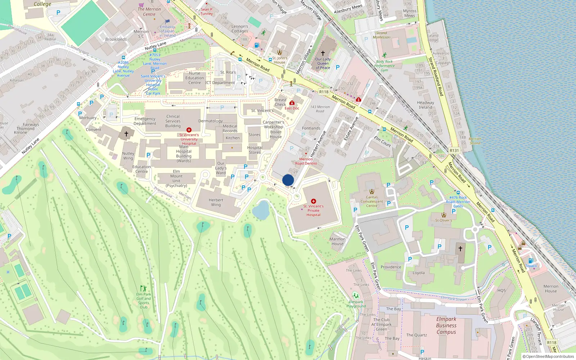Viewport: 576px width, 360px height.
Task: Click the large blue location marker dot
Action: pyautogui.click(x=288, y=180)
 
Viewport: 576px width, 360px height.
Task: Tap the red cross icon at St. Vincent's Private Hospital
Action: pyautogui.click(x=314, y=201)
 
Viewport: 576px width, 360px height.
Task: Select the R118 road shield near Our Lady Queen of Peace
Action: pyautogui.click(x=324, y=92)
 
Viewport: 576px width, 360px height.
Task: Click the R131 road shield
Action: pyautogui.click(x=454, y=150)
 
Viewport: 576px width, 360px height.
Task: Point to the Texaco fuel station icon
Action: pyautogui.click(x=531, y=261)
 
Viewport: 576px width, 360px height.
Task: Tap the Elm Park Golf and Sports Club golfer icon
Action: pyautogui.click(x=143, y=288)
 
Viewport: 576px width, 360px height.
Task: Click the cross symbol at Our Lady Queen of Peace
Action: pyautogui.click(x=323, y=53)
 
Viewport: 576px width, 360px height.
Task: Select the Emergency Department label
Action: pyautogui.click(x=145, y=121)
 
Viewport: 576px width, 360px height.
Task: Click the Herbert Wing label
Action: pyautogui.click(x=216, y=202)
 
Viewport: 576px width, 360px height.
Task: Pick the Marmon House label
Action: pyautogui.click(x=337, y=241)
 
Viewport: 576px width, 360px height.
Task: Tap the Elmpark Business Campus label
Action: pyautogui.click(x=446, y=325)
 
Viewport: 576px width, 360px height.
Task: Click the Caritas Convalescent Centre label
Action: pyautogui.click(x=372, y=201)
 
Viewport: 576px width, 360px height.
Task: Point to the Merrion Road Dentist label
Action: pyautogui.click(x=306, y=161)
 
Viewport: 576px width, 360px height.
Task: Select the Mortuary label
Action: pyautogui.click(x=88, y=118)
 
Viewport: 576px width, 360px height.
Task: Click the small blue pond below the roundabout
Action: pyautogui.click(x=261, y=210)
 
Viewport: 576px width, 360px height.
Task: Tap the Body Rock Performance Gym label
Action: pyautogui.click(x=384, y=66)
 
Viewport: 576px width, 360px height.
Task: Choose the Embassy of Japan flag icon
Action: pyautogui.click(x=167, y=22)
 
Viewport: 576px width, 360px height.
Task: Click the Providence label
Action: pyautogui.click(x=391, y=267)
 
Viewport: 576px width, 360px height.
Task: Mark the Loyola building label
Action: pyautogui.click(x=418, y=273)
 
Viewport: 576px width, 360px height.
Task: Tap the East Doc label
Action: pyautogui.click(x=292, y=108)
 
